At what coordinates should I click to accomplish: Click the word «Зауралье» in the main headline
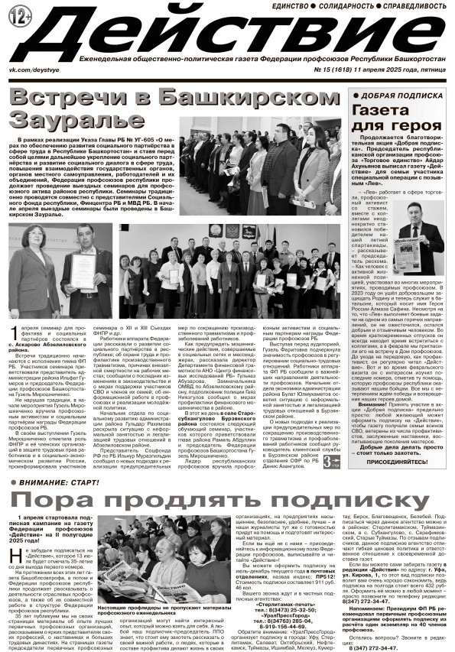[55, 122]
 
